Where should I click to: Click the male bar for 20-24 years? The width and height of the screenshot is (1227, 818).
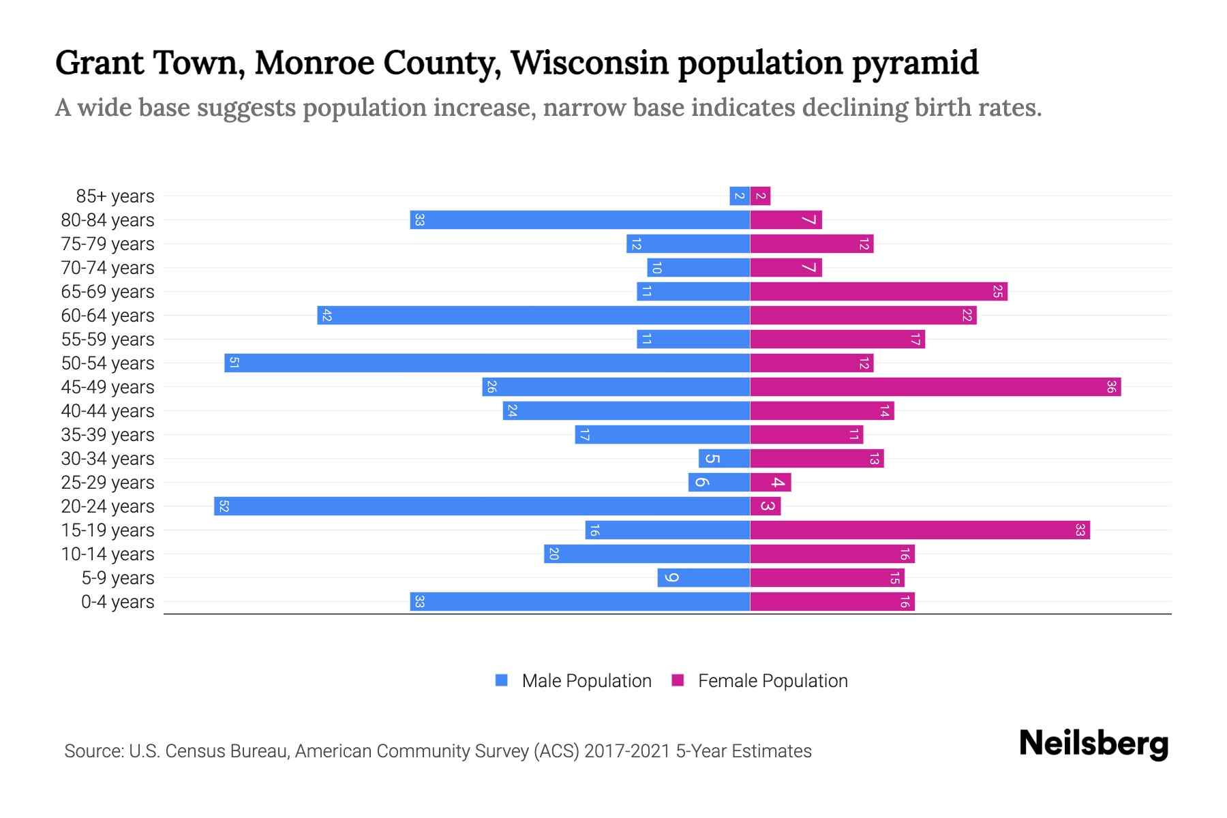[x=482, y=506]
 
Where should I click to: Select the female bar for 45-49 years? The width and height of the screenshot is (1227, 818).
[x=935, y=387]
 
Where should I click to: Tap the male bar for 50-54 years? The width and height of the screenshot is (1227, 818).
[x=487, y=363]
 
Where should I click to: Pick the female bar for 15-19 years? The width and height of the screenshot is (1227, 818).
[x=920, y=530]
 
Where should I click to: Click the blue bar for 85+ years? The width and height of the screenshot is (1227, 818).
[x=740, y=196]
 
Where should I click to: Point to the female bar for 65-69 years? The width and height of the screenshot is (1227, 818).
[x=879, y=291]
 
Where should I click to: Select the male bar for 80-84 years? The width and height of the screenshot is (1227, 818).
[x=579, y=219]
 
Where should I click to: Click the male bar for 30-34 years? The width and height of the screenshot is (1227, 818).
[x=724, y=458]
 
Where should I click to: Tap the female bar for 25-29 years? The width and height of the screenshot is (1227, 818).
[x=770, y=482]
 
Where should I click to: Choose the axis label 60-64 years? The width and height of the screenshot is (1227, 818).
[x=108, y=316]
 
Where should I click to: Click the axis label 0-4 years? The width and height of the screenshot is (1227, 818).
[x=117, y=602]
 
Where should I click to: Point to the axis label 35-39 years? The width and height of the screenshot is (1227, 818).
[x=108, y=435]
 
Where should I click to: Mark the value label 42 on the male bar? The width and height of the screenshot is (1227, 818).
[x=327, y=316]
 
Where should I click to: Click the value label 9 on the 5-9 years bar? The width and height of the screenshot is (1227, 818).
[x=671, y=577]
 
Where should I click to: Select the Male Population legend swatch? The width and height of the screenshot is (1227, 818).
[x=502, y=680]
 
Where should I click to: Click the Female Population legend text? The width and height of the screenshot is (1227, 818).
[x=772, y=680]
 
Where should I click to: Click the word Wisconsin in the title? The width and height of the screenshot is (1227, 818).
[x=589, y=63]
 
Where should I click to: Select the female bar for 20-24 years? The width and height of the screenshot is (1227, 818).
[x=765, y=506]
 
